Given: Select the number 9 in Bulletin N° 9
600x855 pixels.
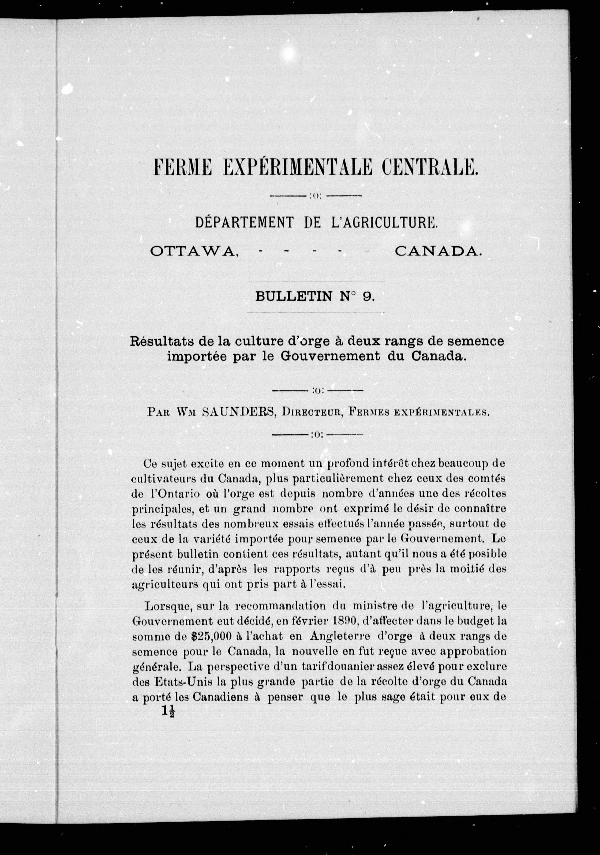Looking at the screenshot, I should [367, 296].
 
